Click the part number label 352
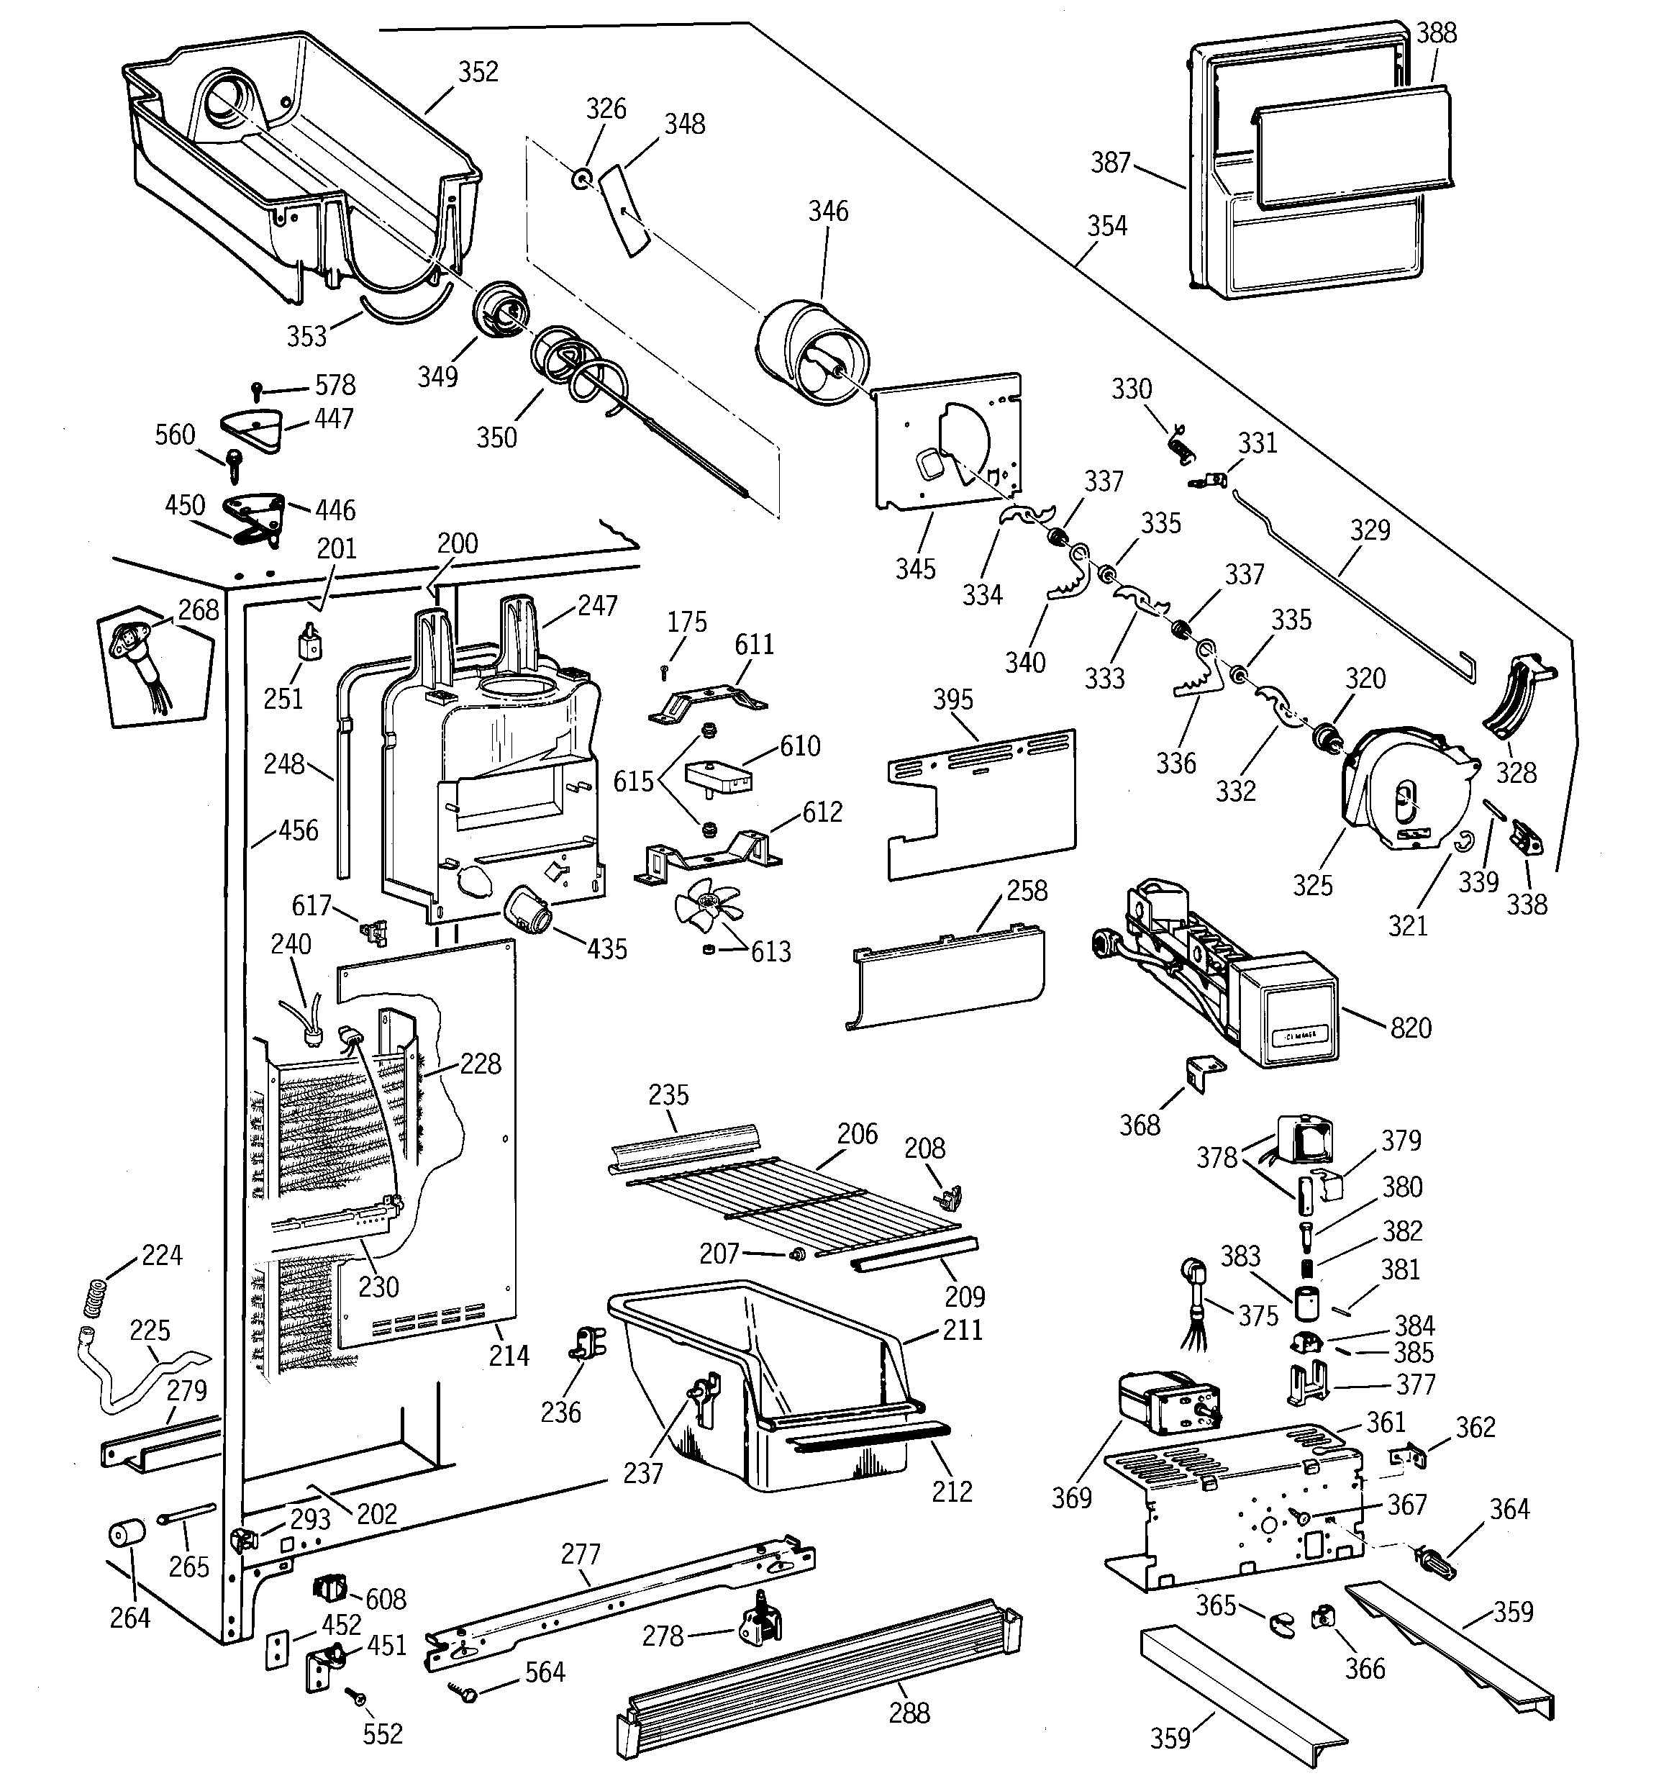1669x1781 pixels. (478, 72)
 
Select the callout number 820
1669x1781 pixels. (1411, 1028)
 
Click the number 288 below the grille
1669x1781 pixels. (909, 1713)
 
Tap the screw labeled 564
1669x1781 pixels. (467, 1692)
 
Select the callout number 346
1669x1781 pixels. (828, 212)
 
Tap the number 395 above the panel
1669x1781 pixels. (952, 699)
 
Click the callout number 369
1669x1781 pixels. (1071, 1498)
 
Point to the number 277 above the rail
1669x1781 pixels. (581, 1554)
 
